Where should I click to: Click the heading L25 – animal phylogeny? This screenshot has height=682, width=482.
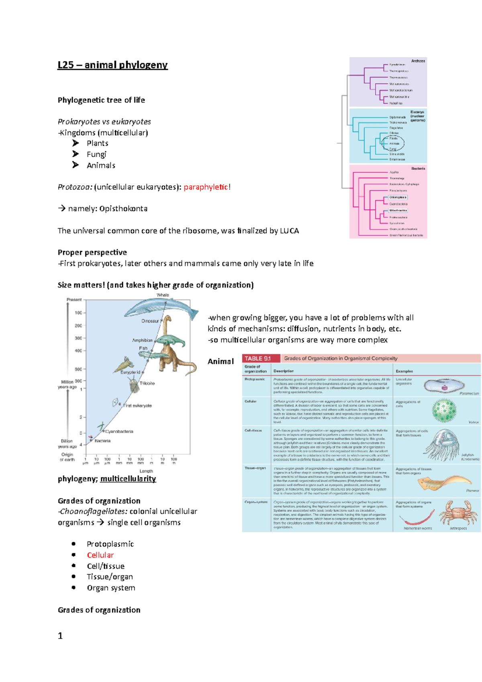coord(112,65)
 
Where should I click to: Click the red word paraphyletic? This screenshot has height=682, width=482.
coord(206,187)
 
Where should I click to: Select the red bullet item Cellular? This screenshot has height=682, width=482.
coord(100,555)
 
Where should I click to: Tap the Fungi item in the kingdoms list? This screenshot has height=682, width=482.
coord(96,154)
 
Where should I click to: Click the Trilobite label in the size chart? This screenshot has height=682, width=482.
coord(147,383)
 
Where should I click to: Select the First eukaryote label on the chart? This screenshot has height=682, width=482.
coord(137,406)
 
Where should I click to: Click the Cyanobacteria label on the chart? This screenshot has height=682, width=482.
coord(119,431)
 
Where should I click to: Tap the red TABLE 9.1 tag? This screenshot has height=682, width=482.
coord(258,358)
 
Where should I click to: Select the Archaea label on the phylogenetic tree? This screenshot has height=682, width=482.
coord(418,61)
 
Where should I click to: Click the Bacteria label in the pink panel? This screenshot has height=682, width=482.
coord(418,169)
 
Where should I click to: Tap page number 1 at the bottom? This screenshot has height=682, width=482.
coord(60,636)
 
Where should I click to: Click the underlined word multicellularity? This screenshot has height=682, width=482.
coord(128,479)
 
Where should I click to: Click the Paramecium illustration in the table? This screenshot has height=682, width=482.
coord(444,386)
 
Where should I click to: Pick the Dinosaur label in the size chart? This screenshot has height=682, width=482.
coord(150,321)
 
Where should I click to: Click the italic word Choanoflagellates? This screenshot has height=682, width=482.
coord(94,511)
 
